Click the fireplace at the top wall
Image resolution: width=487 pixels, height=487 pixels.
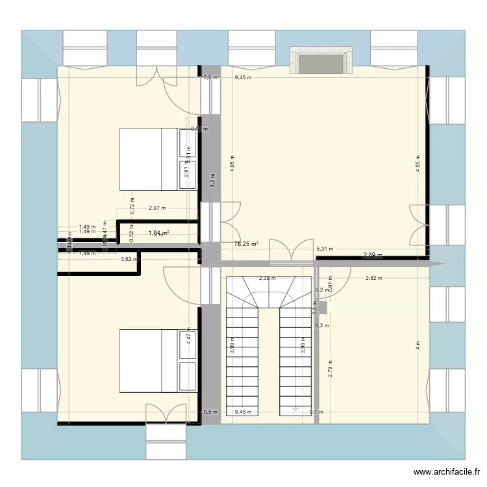(321, 62)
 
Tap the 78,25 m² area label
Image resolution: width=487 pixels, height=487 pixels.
(246, 244)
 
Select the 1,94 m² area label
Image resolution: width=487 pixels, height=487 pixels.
(158, 233)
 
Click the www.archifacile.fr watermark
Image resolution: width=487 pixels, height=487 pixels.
(448, 472)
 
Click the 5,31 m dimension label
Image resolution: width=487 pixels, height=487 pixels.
(325, 249)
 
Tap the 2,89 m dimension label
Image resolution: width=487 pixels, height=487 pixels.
(373, 255)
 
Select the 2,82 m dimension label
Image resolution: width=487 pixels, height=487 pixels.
(373, 278)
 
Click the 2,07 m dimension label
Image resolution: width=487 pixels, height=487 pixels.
(157, 208)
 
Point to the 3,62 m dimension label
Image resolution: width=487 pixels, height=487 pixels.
(129, 260)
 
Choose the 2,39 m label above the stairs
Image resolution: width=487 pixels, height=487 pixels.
(266, 278)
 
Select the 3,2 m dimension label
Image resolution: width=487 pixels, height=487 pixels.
(212, 180)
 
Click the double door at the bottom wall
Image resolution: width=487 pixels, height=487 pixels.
(160, 414)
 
